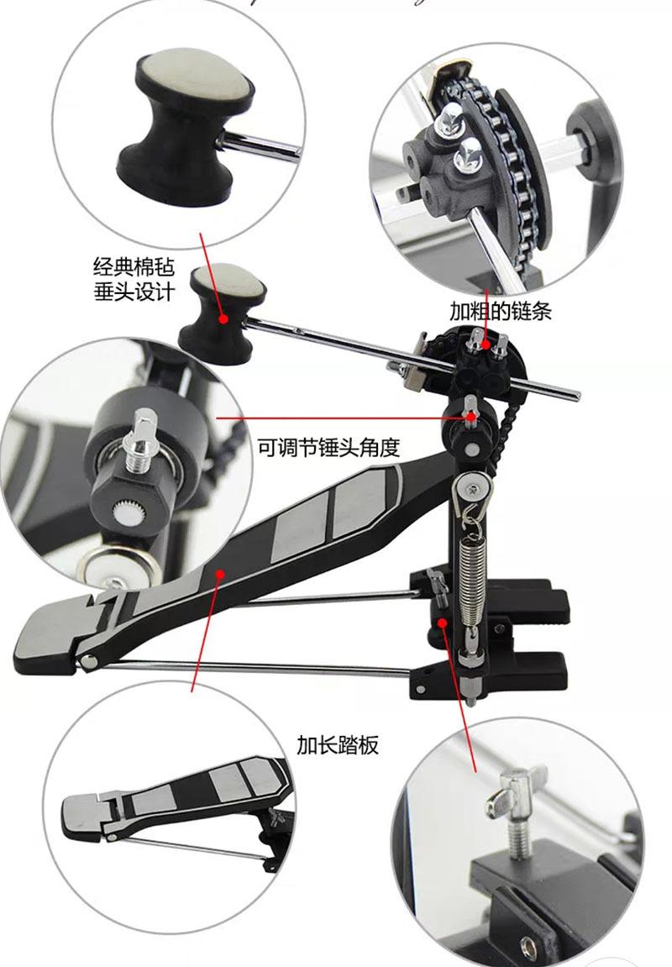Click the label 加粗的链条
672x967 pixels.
499,310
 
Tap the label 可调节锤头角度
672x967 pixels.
339,447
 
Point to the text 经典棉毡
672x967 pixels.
133,267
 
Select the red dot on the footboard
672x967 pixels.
219,574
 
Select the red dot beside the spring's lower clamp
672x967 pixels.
443,621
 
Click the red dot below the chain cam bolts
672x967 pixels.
471,416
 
